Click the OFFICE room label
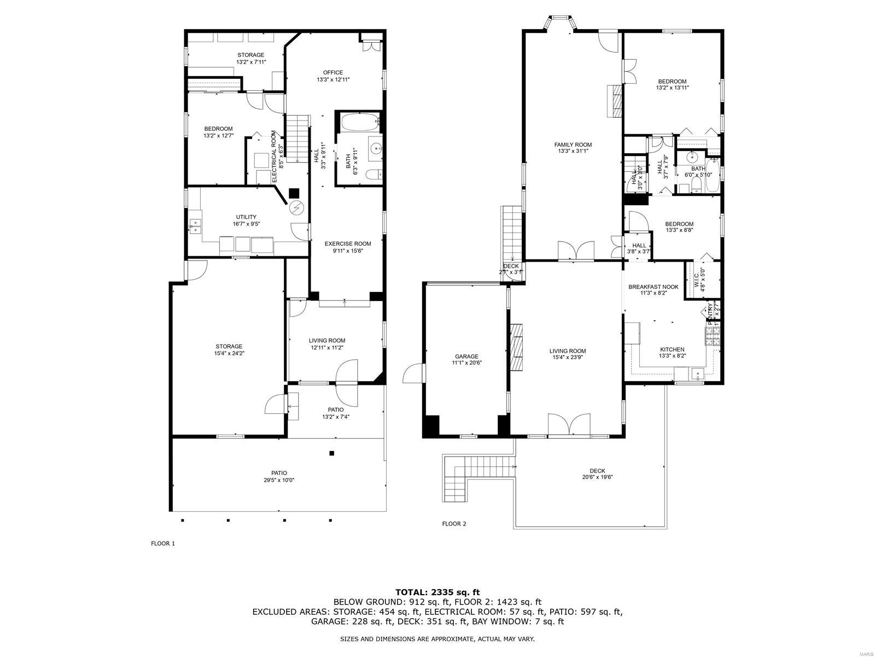(332, 72)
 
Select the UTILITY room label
(246, 217)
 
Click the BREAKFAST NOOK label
(653, 287)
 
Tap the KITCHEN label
(672, 349)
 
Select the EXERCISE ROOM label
(347, 244)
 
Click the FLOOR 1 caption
(162, 544)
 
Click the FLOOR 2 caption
(454, 523)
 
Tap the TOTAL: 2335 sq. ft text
(437, 592)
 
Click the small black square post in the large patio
(331, 453)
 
